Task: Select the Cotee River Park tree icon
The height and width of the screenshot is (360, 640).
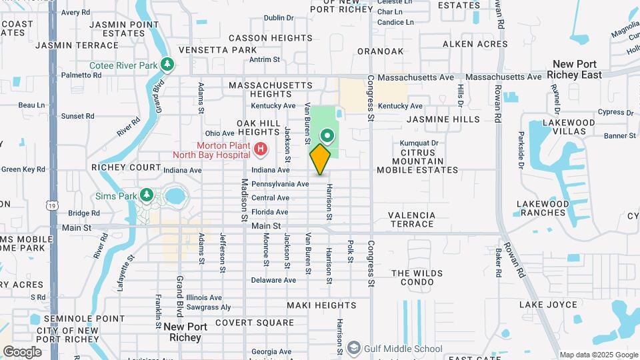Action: [x=168, y=65]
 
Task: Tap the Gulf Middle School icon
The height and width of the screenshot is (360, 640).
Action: [x=353, y=349]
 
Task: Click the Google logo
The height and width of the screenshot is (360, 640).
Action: [x=21, y=351]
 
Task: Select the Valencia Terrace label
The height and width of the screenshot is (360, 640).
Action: [x=412, y=219]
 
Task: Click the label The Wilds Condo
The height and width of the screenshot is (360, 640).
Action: [x=417, y=278]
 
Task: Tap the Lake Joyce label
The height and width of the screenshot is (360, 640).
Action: [x=548, y=305]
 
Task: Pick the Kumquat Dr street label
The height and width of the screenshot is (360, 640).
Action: [x=419, y=143]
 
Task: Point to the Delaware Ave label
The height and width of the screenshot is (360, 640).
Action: [x=274, y=280]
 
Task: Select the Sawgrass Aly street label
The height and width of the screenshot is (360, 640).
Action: [x=209, y=307]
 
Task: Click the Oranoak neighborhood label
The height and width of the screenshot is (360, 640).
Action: [x=380, y=51]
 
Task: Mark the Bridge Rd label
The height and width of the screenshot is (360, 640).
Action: [x=83, y=213]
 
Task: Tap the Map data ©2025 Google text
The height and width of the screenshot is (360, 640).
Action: [x=597, y=355]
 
